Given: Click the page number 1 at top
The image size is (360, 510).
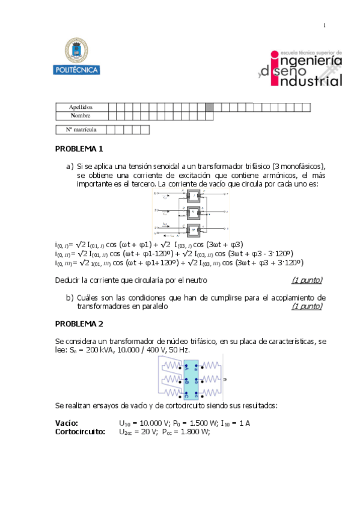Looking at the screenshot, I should (325, 25).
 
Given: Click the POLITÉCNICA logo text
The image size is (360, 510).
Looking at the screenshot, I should (77, 70).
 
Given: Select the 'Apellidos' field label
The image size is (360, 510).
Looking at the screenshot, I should (81, 107).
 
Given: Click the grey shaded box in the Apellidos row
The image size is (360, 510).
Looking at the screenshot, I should (209, 107).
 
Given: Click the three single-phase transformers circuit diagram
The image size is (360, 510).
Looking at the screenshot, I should (191, 214).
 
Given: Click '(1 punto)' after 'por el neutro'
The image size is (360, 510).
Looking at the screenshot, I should (307, 280).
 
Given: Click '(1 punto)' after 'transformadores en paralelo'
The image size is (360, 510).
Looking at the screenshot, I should (307, 306).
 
